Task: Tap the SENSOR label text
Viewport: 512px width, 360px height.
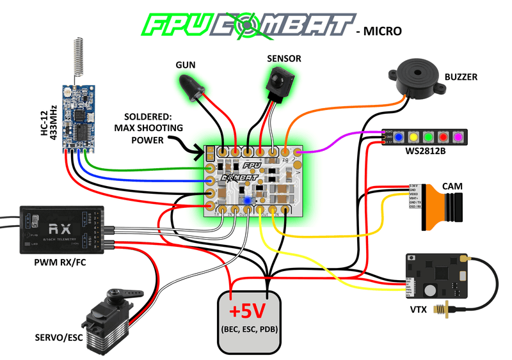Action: click(x=284, y=59)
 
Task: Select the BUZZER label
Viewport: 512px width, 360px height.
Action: click(x=461, y=77)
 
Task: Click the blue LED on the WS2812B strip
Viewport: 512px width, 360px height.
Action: click(x=398, y=136)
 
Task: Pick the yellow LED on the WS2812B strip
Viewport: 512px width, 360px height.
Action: click(x=413, y=136)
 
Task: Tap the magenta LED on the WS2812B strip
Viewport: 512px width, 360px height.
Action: click(x=457, y=136)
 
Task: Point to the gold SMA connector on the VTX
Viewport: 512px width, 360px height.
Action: click(x=442, y=313)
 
